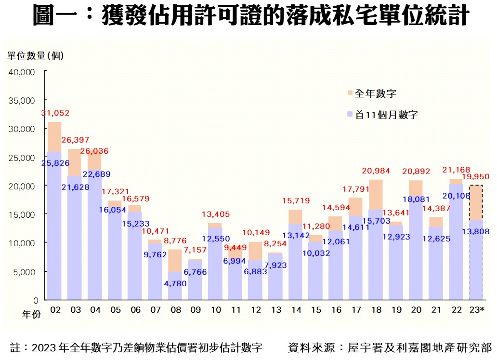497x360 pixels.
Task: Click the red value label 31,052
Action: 55,113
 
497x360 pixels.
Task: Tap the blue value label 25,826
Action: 55,163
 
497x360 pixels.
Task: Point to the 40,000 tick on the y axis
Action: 22,72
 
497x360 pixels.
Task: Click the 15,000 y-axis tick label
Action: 22,214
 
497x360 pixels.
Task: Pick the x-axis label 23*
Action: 476,310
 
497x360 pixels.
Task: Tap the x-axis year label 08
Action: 176,310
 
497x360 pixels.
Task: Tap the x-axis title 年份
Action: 32,315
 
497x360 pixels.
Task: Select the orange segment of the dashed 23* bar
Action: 476,202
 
